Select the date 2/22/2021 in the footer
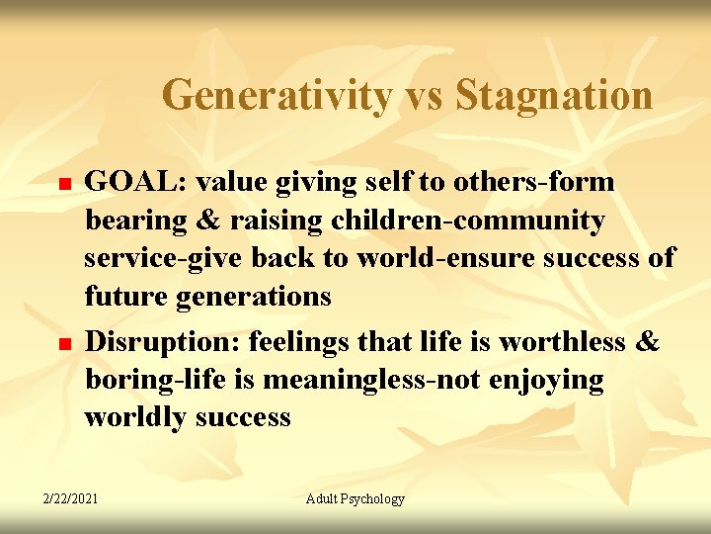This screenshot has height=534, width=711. pyautogui.click(x=70, y=498)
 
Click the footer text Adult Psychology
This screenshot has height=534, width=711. pyautogui.click(x=355, y=498)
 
